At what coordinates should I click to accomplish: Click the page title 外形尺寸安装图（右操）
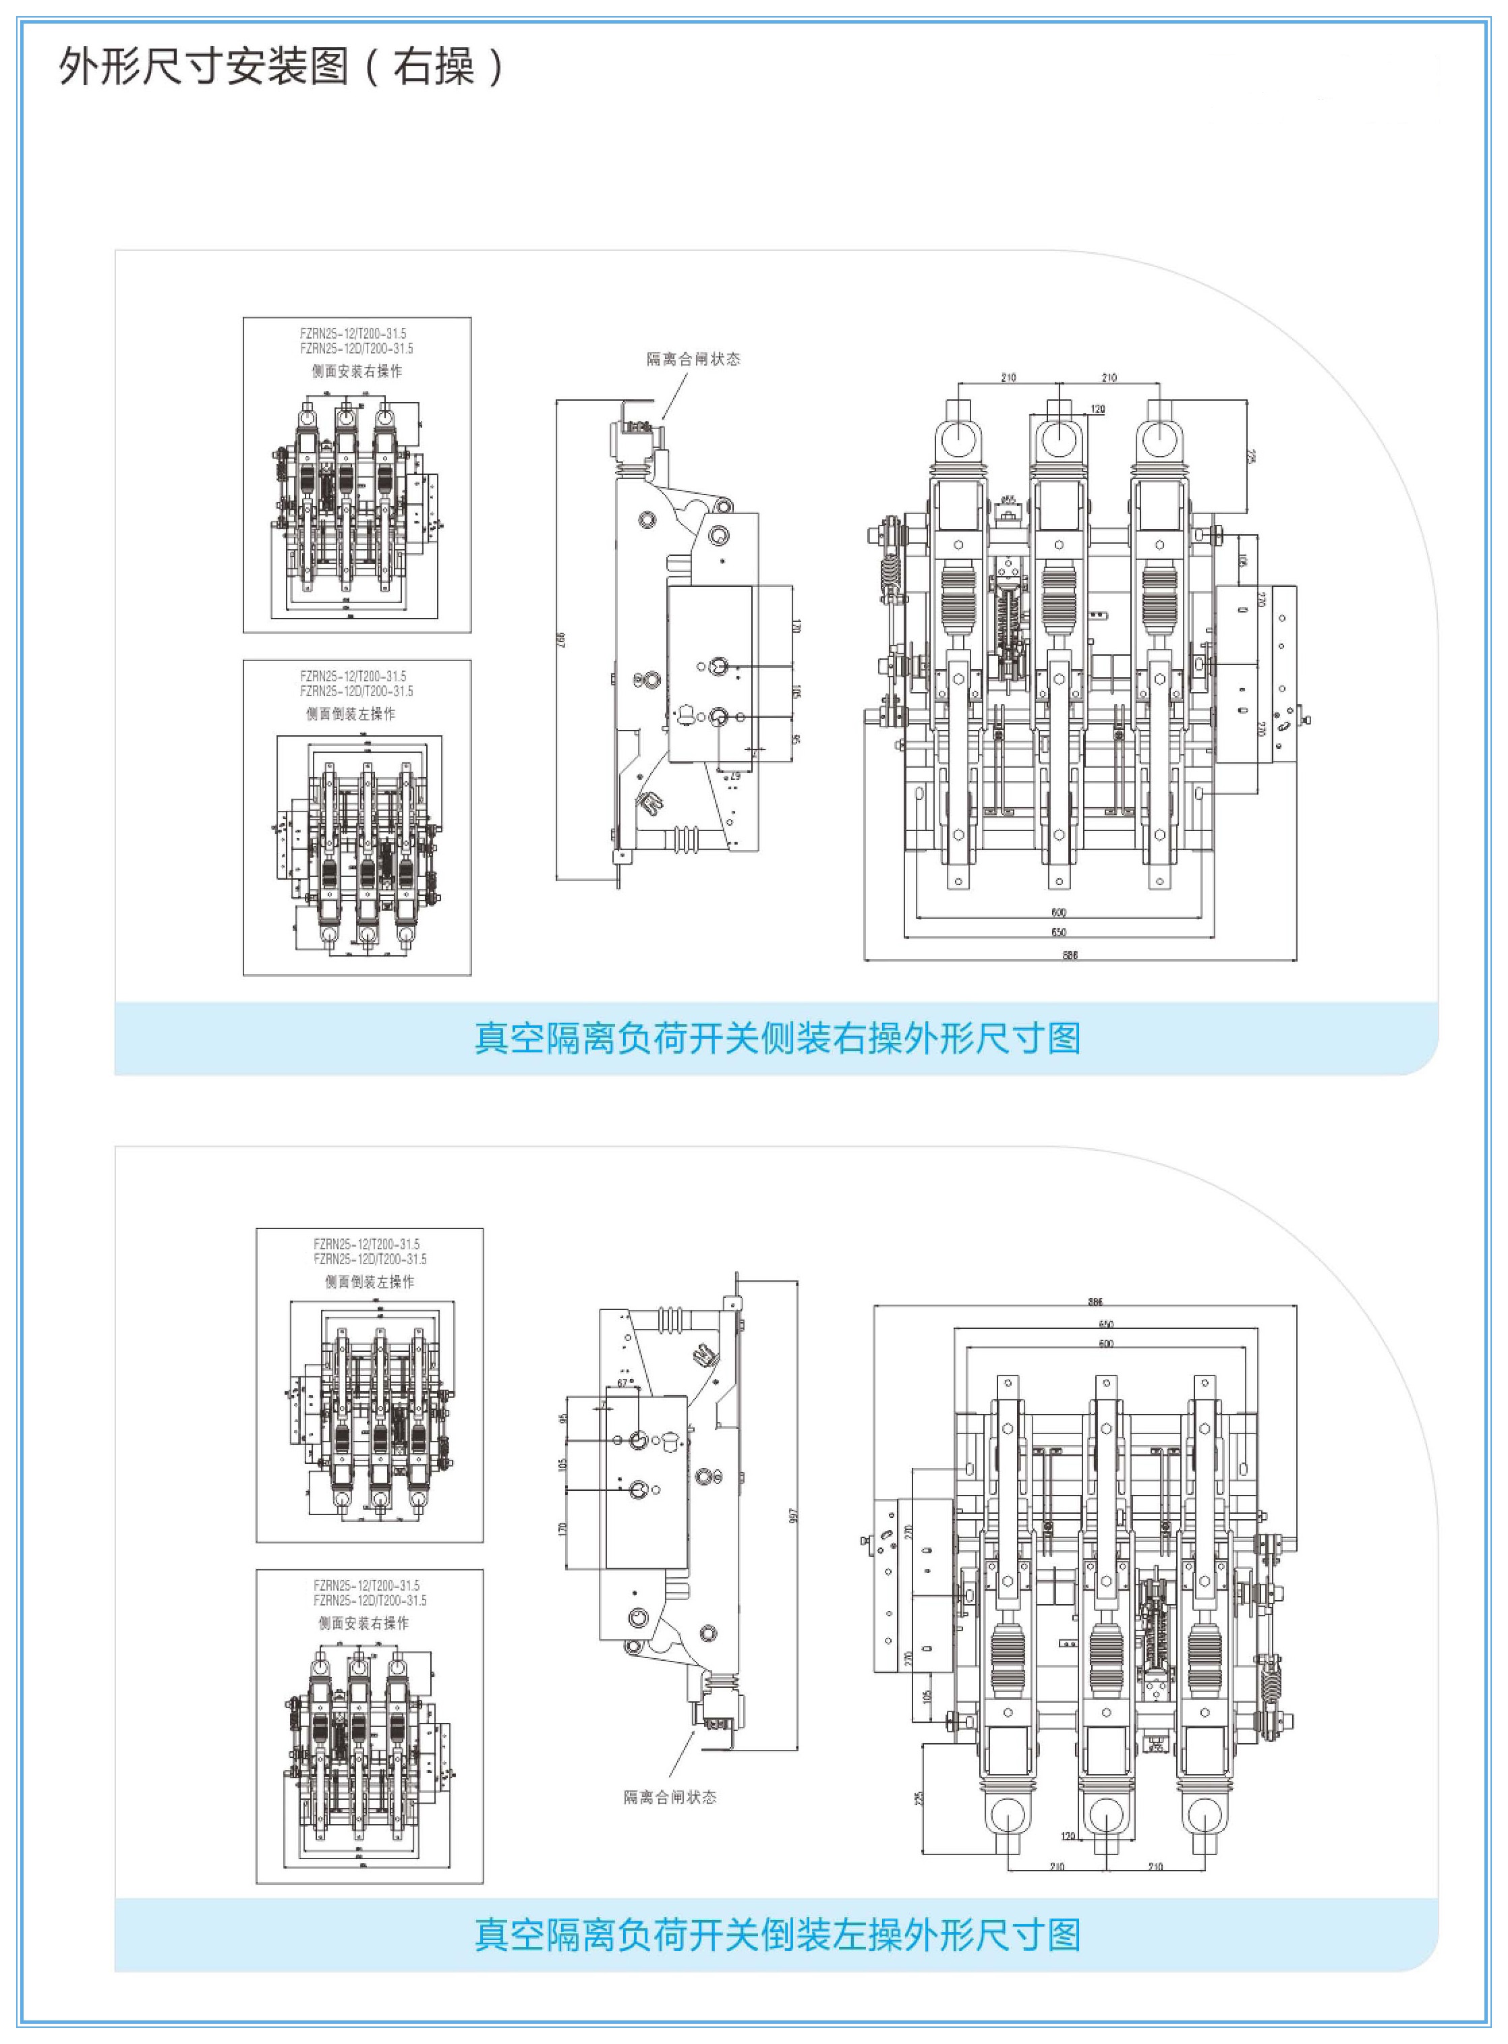coord(281,67)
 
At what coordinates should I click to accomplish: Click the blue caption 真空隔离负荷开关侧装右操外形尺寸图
coord(777,1038)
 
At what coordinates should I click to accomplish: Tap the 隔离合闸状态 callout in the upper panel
coord(694,359)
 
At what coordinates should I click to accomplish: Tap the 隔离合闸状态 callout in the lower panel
coord(670,1796)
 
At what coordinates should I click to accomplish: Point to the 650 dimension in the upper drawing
coord(1059,932)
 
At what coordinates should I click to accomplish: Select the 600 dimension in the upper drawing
coord(1059,912)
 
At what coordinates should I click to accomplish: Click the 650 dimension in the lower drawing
coord(1105,1323)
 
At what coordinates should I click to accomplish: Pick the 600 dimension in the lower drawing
coord(1105,1343)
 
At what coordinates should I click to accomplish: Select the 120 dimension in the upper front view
coord(1098,409)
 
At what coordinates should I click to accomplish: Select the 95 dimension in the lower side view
coord(564,1418)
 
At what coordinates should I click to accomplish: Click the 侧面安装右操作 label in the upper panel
coord(356,372)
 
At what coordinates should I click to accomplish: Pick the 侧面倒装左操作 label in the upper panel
coord(351,714)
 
